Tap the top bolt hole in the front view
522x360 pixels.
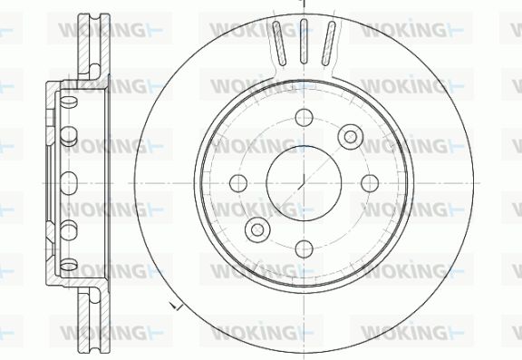point(304,118)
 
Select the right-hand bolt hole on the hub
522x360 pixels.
point(370,183)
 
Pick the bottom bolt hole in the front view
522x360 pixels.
point(304,248)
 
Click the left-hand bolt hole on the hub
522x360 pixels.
point(238,183)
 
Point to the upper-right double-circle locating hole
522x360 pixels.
point(351,137)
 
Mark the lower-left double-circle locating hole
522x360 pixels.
point(257,229)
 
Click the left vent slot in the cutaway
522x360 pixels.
point(279,44)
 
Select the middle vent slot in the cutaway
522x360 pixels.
point(304,42)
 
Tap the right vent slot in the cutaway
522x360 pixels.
point(328,44)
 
